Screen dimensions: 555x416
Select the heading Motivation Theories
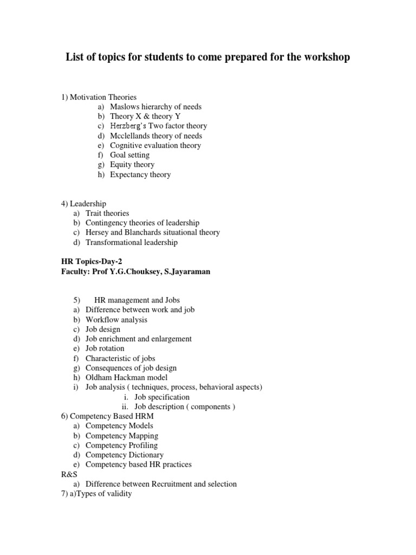click(x=103, y=97)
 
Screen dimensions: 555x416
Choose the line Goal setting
click(x=129, y=155)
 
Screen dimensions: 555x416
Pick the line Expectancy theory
click(x=140, y=175)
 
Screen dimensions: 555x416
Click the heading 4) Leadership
click(x=83, y=203)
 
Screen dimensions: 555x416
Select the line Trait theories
click(x=107, y=213)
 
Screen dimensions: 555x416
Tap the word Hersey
click(x=97, y=233)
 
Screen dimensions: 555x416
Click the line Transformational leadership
click(x=132, y=242)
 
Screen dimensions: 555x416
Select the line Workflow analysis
click(x=116, y=319)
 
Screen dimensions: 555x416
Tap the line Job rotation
click(x=105, y=349)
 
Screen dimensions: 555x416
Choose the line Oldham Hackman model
click(x=127, y=378)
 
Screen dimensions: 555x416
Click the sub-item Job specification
click(x=162, y=397)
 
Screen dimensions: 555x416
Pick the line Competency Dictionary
click(x=125, y=455)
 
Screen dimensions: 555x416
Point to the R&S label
click(x=69, y=474)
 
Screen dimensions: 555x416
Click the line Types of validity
click(x=102, y=494)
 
